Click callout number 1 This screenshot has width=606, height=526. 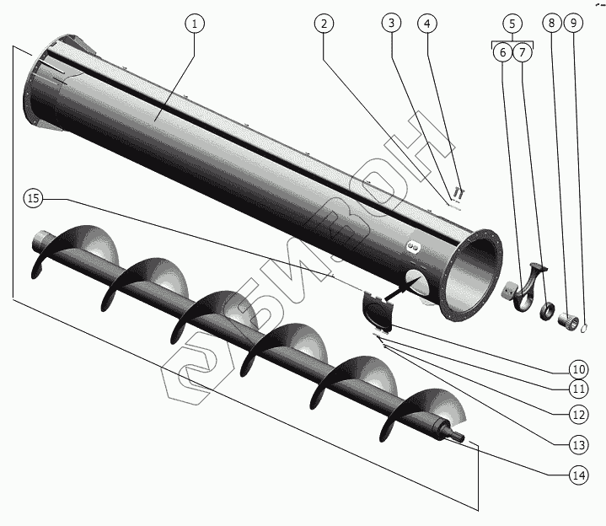click(194, 24)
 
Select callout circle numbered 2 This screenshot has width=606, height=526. click(323, 24)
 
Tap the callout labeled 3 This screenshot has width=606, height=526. click(390, 24)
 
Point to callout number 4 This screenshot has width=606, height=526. click(428, 24)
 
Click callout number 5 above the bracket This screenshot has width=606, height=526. click(512, 24)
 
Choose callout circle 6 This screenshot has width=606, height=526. click(502, 52)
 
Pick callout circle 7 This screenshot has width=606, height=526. click(523, 52)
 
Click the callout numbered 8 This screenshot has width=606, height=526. click(552, 24)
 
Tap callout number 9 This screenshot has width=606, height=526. click(573, 24)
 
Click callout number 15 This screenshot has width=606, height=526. click(32, 199)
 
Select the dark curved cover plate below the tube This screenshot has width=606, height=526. click(377, 311)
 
